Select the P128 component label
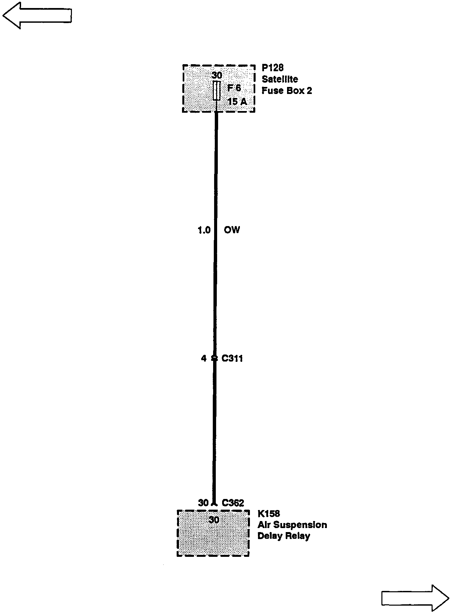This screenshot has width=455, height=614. coord(272,68)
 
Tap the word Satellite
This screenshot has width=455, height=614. coord(280,79)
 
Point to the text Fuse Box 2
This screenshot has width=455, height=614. coord(287,91)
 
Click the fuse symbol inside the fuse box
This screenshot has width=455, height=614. coord(216,90)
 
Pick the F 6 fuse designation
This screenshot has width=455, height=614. coord(234,88)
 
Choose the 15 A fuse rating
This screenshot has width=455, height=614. coord(237,101)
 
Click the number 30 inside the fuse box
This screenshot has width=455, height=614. coord(217,75)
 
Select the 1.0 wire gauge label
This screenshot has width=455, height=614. coord(204,230)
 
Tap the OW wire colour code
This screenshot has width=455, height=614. coord(232,230)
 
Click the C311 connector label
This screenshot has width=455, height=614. coord(232,359)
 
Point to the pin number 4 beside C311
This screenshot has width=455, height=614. coord(204,359)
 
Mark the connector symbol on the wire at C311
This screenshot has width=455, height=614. coord(214,359)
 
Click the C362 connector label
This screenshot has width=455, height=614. coord(233,503)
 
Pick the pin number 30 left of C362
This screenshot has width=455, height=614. coord(203,503)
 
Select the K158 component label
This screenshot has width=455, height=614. coord(269,513)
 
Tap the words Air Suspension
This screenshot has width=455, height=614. coord(292,525)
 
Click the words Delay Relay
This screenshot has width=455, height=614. coord(284,536)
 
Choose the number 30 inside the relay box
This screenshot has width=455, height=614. coord(214,520)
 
